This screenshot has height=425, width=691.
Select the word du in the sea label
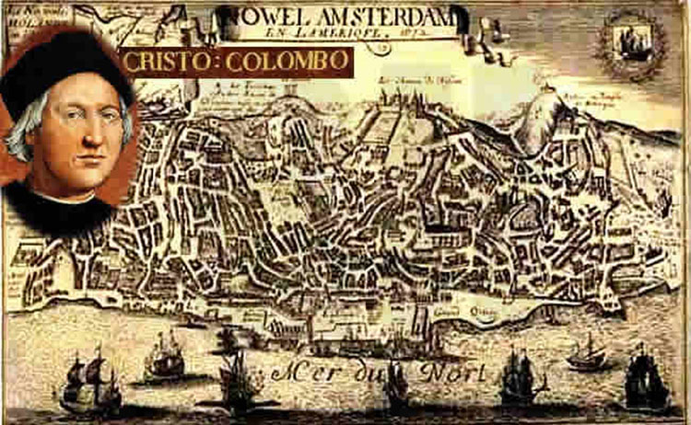point(375,373)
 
